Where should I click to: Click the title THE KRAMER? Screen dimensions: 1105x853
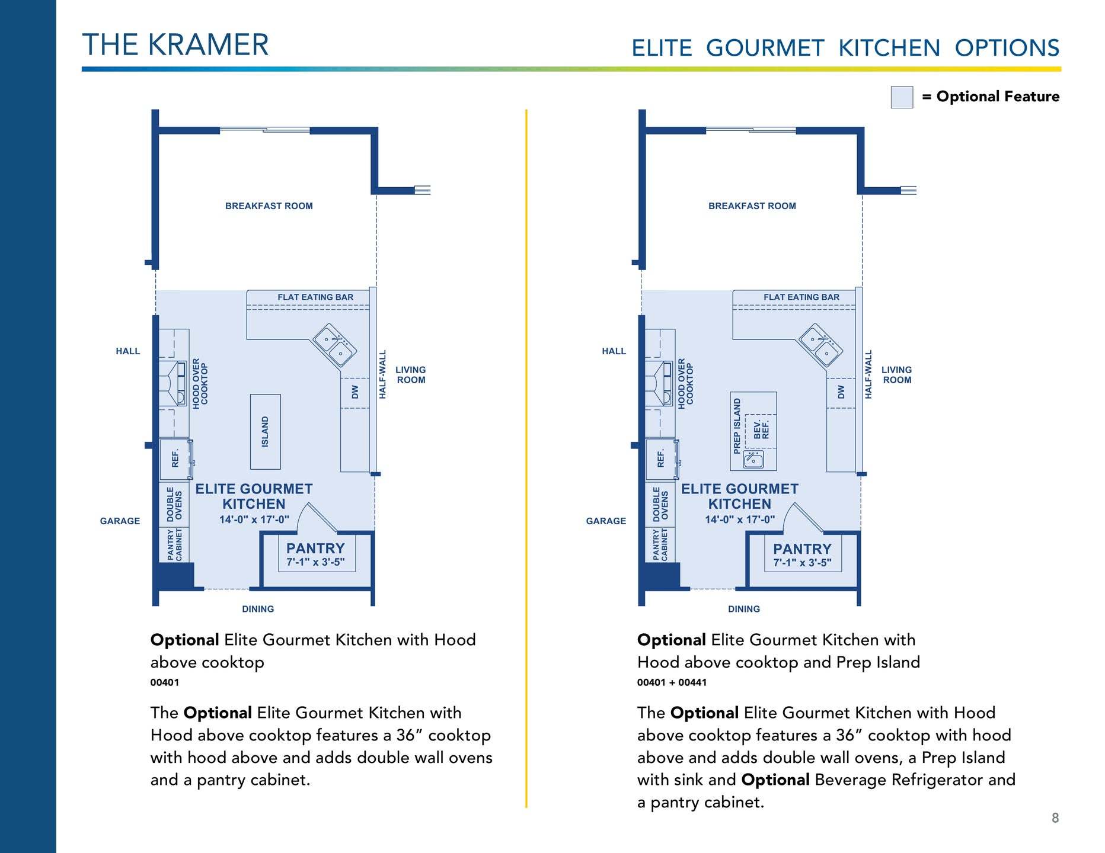(175, 45)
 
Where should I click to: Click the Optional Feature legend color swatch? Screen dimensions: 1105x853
(902, 97)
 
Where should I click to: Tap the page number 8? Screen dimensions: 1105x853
(1055, 818)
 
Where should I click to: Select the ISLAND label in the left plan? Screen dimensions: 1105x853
(265, 431)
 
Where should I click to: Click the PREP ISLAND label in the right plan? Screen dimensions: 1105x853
(737, 426)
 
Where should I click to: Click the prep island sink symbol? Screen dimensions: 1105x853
(753, 458)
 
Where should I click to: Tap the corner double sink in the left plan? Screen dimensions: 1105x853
(334, 346)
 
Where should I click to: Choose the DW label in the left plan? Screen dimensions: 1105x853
(355, 392)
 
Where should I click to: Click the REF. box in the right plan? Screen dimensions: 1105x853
(662, 459)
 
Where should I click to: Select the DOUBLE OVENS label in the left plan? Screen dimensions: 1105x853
(174, 504)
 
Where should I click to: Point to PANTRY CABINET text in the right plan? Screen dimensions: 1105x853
(660, 544)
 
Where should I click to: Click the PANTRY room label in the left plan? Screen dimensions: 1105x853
(315, 549)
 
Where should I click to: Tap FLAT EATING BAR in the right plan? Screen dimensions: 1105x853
(801, 297)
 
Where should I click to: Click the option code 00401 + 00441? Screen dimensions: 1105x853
(672, 682)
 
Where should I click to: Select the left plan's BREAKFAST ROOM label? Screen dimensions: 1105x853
(269, 206)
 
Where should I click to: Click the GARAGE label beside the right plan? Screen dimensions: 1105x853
(606, 521)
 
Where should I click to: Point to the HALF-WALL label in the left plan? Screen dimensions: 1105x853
(382, 374)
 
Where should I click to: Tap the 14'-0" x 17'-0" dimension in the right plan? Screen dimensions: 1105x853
(740, 520)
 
